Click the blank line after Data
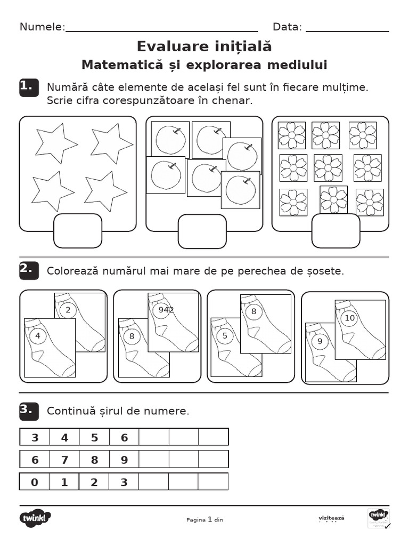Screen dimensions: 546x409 click(347, 31)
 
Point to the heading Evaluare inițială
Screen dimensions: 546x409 click(204, 46)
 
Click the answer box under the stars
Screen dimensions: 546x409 click(78, 230)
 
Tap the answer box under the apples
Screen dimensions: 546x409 click(202, 231)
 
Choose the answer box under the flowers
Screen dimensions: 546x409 click(336, 230)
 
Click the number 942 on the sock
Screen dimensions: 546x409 click(163, 310)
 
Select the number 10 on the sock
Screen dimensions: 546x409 click(349, 318)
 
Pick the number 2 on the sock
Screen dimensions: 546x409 click(68, 310)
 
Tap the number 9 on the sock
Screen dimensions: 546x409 click(320, 342)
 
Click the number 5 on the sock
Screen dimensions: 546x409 click(225, 336)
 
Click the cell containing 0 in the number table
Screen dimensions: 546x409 click(35, 482)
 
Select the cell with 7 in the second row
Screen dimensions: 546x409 click(65, 460)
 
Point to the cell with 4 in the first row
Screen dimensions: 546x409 click(65, 437)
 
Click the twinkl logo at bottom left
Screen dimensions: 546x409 click(36, 517)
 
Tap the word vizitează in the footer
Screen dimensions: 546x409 click(331, 517)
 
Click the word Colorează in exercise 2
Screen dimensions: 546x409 click(71, 271)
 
